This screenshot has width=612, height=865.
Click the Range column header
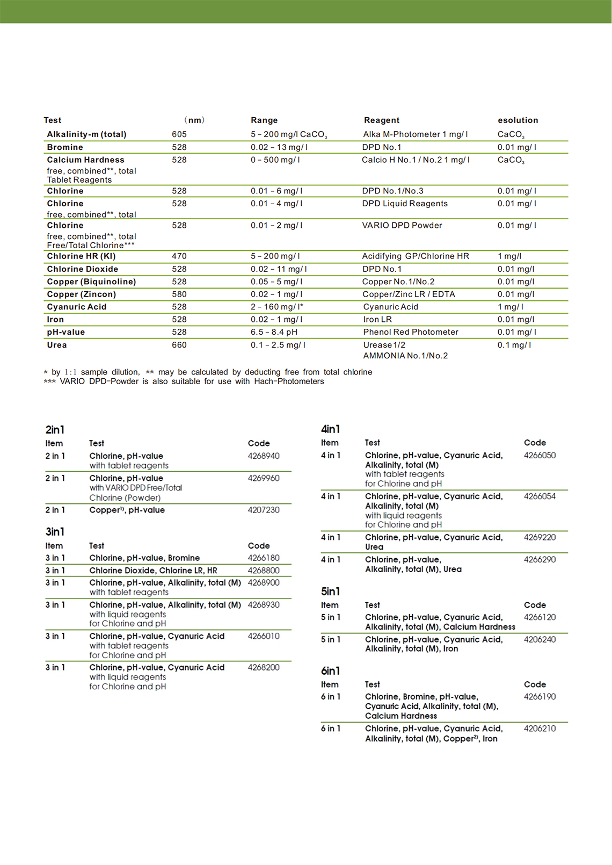click(264, 120)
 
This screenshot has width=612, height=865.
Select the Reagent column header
click(382, 120)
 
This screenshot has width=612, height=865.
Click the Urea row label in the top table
click(57, 345)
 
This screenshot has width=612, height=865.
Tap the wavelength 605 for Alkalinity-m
click(179, 134)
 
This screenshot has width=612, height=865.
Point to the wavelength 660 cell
click(179, 345)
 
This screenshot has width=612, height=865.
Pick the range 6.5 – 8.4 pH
click(274, 332)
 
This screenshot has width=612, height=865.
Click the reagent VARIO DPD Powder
click(402, 226)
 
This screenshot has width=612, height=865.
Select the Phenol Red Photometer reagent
click(411, 332)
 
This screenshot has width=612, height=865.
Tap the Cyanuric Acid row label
click(77, 307)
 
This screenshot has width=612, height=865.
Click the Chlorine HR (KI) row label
click(81, 256)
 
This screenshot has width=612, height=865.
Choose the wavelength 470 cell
click(179, 256)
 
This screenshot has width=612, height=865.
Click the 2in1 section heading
click(55, 430)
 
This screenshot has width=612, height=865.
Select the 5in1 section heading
click(330, 592)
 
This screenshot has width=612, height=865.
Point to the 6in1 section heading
click(330, 671)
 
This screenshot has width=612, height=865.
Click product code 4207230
click(264, 510)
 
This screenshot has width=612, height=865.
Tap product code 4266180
click(264, 558)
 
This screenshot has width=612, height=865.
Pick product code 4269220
click(540, 537)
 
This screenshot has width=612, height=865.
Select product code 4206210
click(540, 729)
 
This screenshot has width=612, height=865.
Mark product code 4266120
click(540, 617)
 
